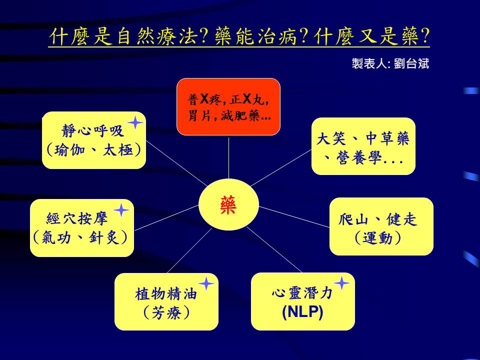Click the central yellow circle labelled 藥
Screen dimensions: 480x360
[x=228, y=204]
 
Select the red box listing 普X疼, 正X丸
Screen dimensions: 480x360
[x=228, y=107]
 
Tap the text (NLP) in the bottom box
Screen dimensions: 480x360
[x=303, y=312]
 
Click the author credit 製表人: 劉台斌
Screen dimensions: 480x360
[x=390, y=63]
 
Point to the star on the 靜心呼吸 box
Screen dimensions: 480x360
[x=135, y=123]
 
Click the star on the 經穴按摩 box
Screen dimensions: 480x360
[x=121, y=210]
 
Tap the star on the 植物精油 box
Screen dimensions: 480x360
[x=206, y=284]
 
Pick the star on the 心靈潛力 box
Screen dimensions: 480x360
[x=341, y=283]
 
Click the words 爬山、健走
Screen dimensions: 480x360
[x=378, y=219]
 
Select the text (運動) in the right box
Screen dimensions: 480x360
[x=378, y=238]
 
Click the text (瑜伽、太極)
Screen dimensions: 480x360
[x=94, y=149]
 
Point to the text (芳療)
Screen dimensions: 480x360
[x=166, y=312]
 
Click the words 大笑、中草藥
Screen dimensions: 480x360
[x=363, y=138]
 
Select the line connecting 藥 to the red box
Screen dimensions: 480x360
[x=228, y=157]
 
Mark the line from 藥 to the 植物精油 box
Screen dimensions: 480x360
[x=189, y=250]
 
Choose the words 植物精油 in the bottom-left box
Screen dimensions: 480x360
[x=165, y=294]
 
